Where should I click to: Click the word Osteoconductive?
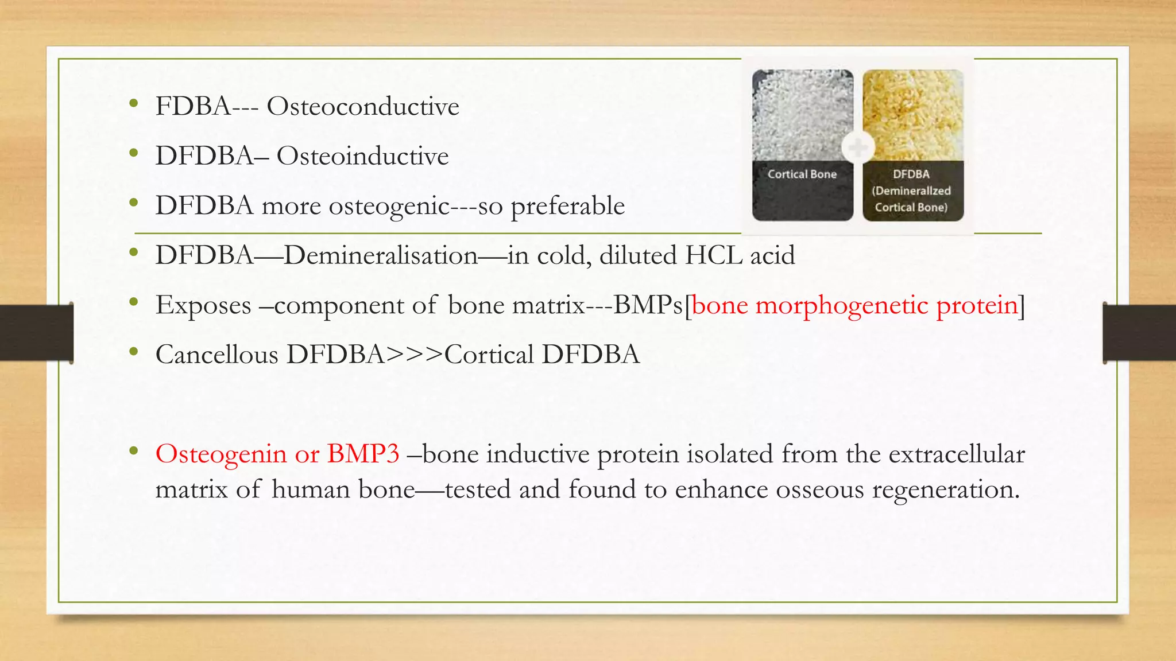(x=363, y=107)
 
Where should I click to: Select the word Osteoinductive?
(x=362, y=156)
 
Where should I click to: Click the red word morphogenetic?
(x=842, y=305)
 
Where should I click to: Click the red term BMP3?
(x=363, y=454)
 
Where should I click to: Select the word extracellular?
(x=956, y=454)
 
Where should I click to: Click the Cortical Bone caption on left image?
(x=802, y=174)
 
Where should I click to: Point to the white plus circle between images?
(x=858, y=147)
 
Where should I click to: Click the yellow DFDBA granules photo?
(x=913, y=115)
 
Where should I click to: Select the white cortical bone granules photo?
(x=802, y=115)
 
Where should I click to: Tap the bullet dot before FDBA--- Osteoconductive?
(x=134, y=104)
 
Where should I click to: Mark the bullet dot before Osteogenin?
(x=134, y=452)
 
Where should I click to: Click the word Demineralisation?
(x=380, y=255)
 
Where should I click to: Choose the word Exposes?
(x=203, y=305)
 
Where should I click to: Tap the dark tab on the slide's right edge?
(x=1139, y=333)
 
